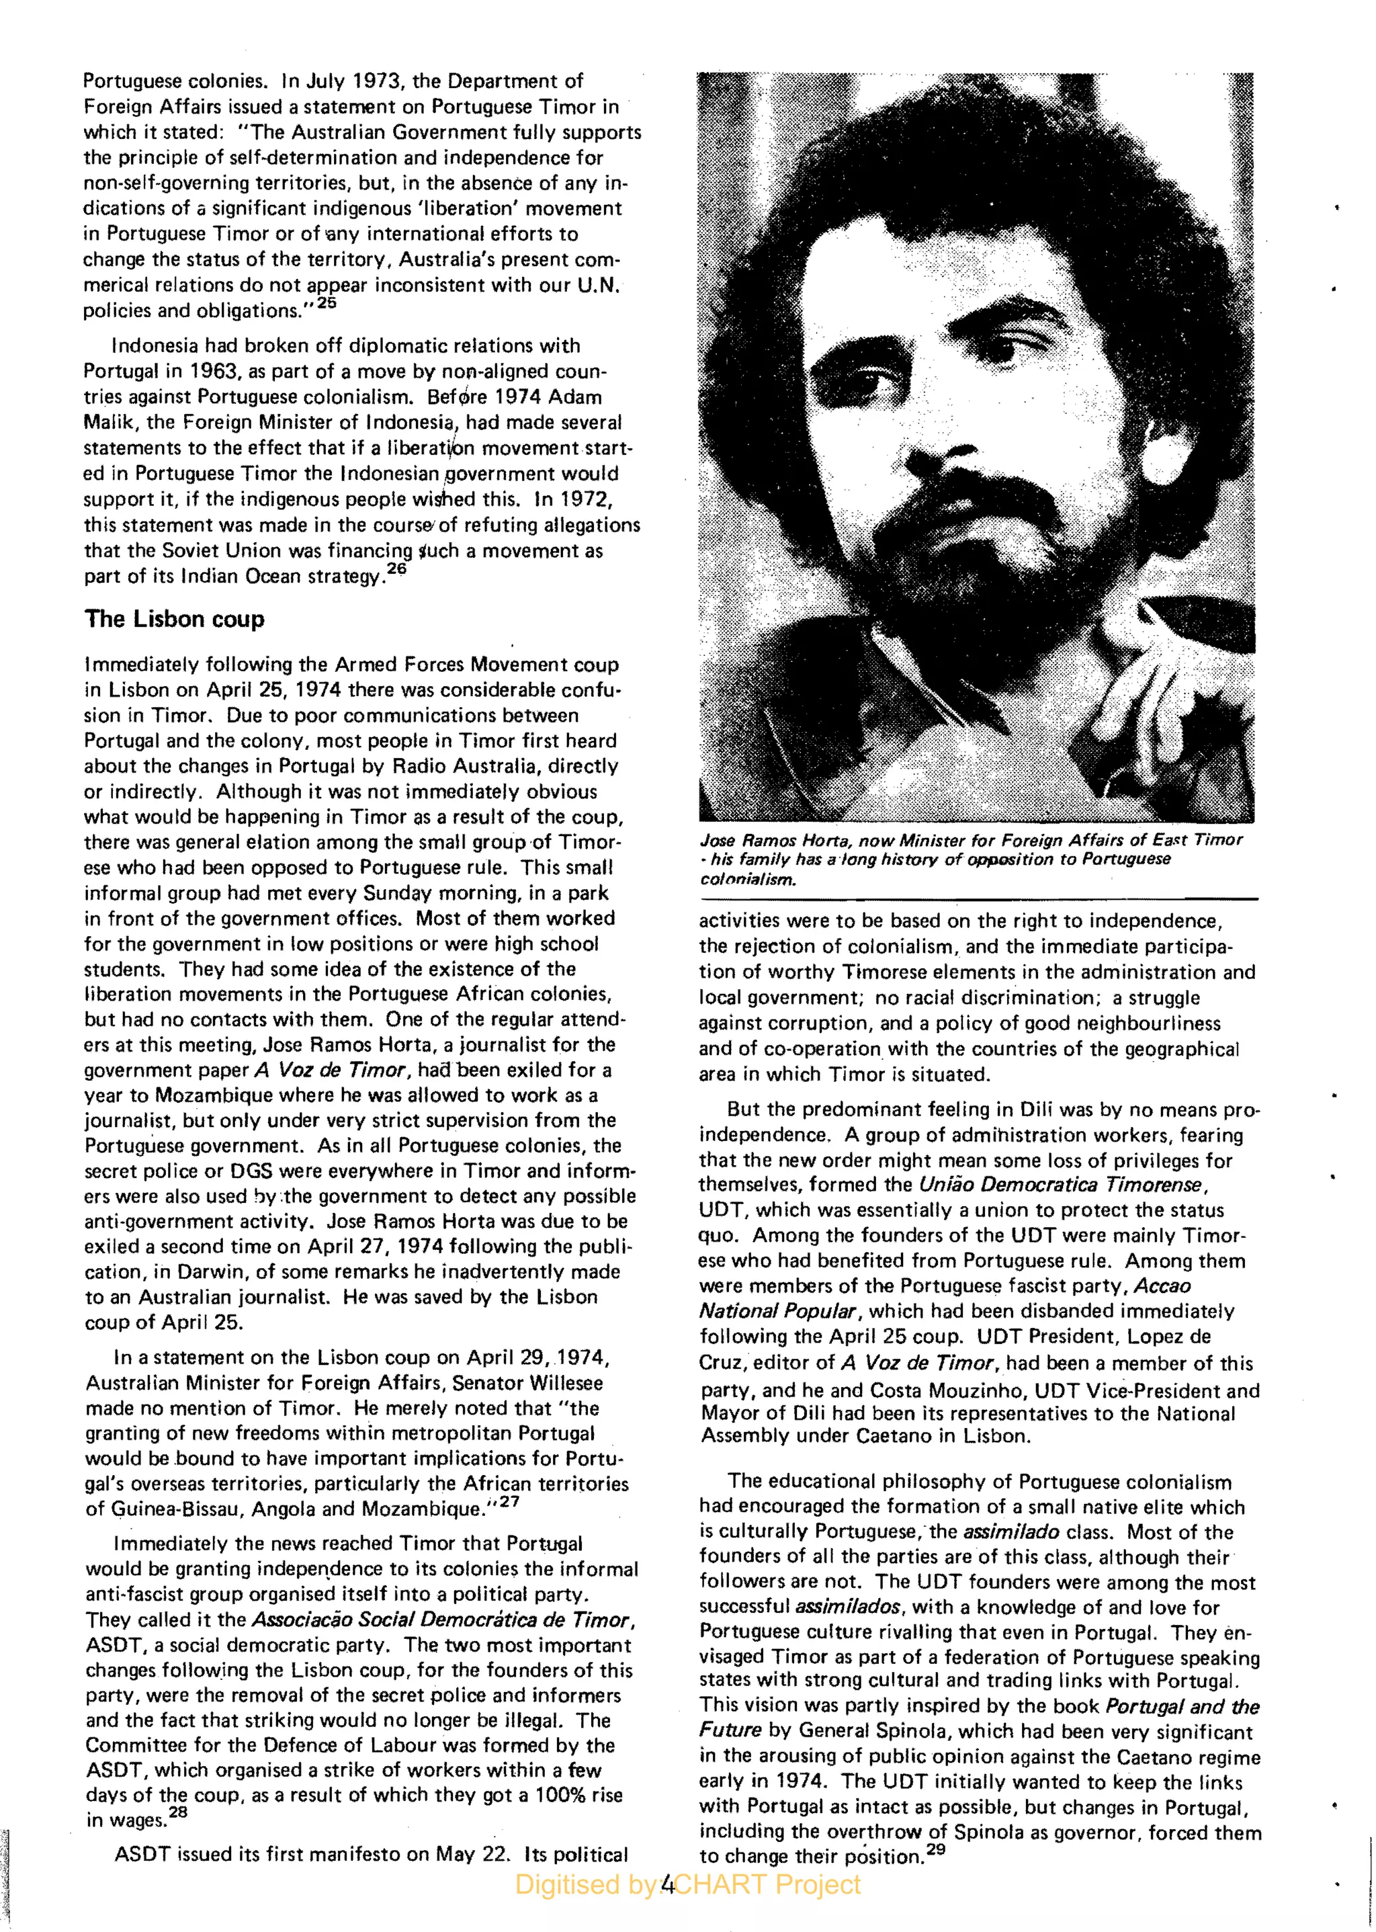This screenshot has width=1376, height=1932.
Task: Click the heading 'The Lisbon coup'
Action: [175, 620]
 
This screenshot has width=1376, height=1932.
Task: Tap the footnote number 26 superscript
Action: [396, 569]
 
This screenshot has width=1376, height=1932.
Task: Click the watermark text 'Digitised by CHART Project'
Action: [687, 1884]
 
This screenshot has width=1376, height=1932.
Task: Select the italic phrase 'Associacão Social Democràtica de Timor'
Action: [442, 1620]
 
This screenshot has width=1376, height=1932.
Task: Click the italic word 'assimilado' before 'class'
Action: [1010, 1532]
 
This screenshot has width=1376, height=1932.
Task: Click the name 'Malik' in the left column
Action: [108, 422]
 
